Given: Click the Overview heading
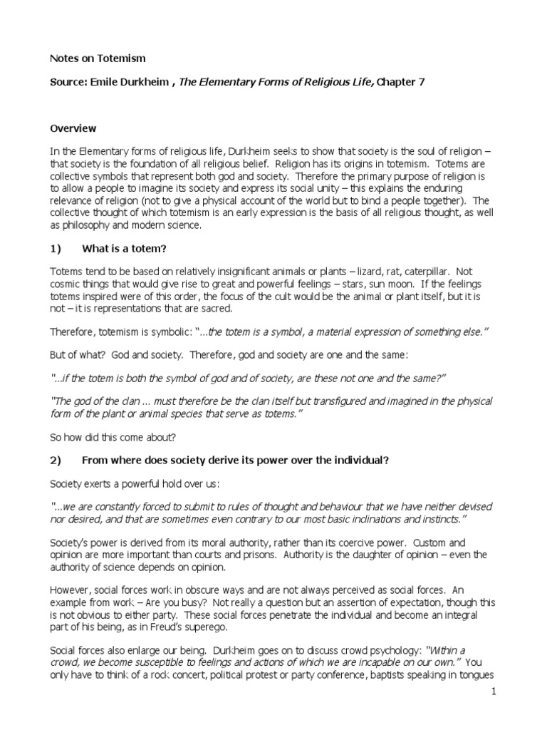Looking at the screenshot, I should (73, 129).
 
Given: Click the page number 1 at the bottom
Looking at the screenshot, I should (494, 692).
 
